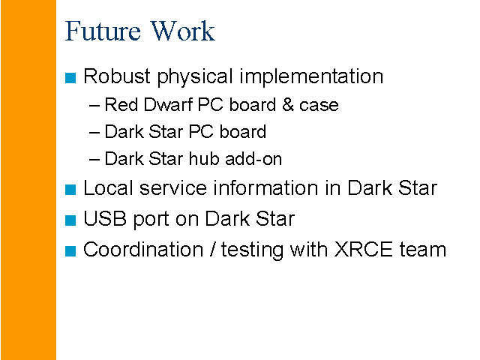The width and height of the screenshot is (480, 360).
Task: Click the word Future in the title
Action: [x=103, y=31]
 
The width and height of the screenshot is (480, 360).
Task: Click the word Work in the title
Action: [x=183, y=31]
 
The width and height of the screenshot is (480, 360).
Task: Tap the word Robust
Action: [x=117, y=76]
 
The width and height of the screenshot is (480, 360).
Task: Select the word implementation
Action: [x=311, y=76]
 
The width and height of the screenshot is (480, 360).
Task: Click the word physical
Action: [x=195, y=76]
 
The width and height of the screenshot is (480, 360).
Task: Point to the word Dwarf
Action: [x=168, y=105]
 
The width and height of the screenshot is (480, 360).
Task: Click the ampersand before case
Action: [x=288, y=105]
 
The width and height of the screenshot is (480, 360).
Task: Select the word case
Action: [x=319, y=106]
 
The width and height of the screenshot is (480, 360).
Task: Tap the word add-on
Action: [x=253, y=158]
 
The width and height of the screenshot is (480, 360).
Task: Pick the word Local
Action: [x=108, y=187]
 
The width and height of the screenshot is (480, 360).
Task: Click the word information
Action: [x=265, y=187]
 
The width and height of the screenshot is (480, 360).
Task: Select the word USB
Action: [x=105, y=218]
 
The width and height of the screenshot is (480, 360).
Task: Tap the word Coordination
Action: [x=143, y=250]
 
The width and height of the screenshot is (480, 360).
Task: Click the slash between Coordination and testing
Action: [x=212, y=250]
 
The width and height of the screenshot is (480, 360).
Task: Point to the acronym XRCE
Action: [x=363, y=250]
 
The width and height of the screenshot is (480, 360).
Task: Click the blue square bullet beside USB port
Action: [x=70, y=220]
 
